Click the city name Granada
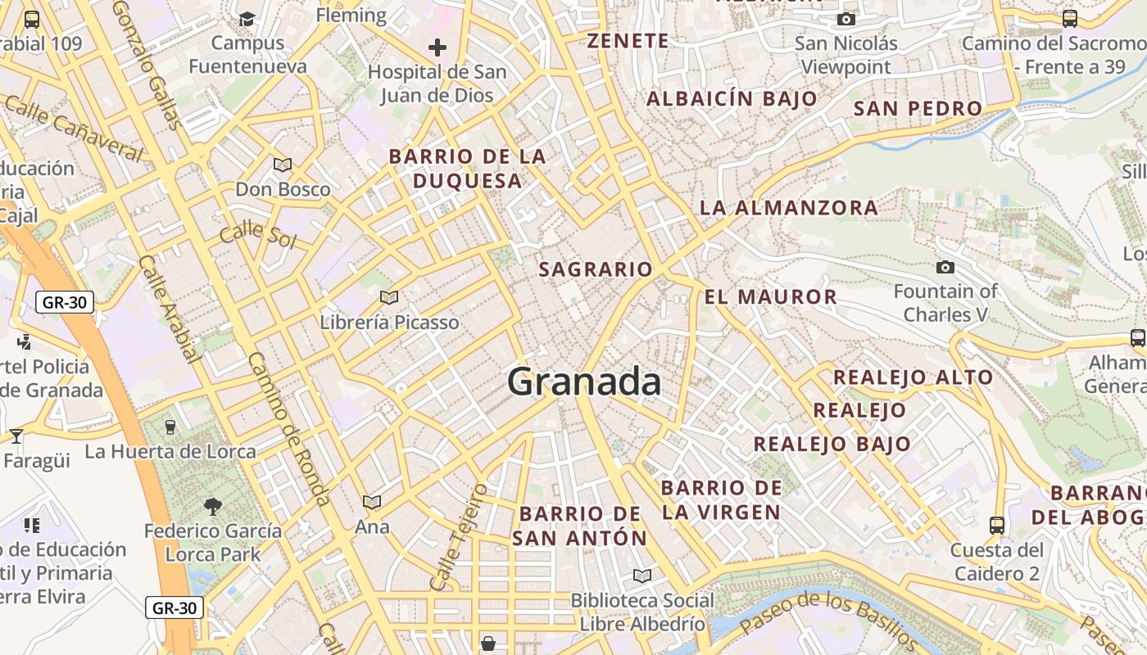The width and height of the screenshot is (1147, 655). pos(584,382)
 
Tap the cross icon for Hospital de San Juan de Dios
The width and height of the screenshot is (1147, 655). pos(437,47)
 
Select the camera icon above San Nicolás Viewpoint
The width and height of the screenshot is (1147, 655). pos(846,19)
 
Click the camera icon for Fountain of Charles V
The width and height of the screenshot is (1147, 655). pos(945,267)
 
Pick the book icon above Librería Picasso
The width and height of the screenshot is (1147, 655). pos(389,297)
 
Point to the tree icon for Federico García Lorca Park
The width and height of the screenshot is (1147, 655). pos(213,507)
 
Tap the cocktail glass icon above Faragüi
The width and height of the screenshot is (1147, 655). pos(16,436)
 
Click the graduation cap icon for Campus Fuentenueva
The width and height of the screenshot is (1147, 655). pos(247,18)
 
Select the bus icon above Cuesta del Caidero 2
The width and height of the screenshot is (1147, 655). pos(997,525)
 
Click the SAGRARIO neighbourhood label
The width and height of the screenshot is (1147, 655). pos(596,269)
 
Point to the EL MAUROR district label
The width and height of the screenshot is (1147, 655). pos(771,296)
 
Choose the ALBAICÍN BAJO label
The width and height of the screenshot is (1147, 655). pos(732,99)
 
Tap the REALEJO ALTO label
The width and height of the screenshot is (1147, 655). pos(913,377)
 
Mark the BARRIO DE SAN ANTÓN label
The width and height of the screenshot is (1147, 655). pos(580,526)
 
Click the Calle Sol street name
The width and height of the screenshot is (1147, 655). pos(257,233)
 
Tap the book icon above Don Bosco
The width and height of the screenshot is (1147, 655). pos(283,165)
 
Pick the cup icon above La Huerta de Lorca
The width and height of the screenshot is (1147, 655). pos(170,427)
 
